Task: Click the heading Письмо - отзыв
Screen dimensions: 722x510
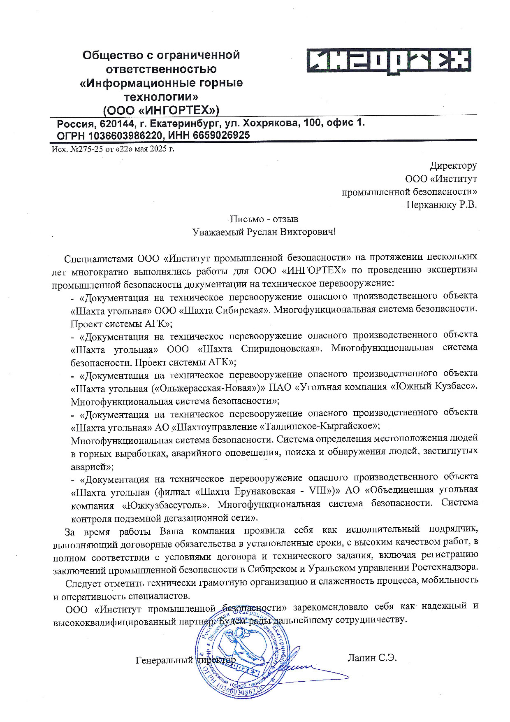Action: click(264, 219)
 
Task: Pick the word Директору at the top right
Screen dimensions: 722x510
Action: click(453, 165)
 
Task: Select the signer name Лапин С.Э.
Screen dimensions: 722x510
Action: click(372, 658)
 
